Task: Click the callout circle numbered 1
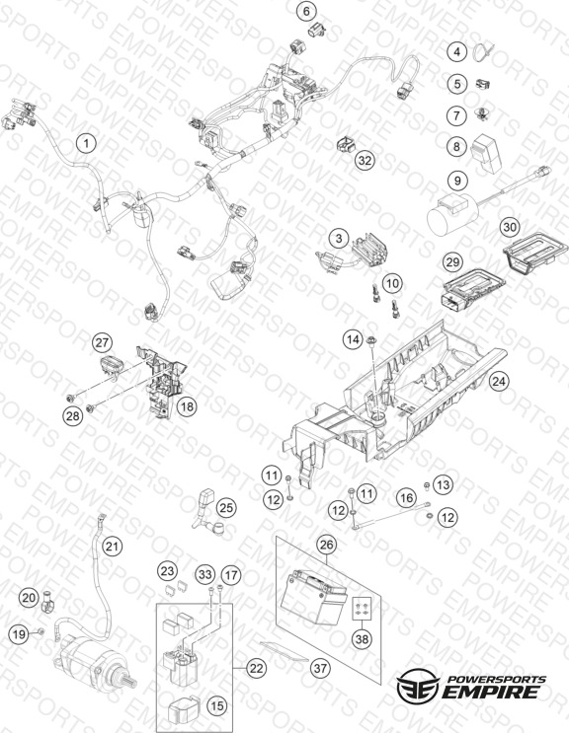click(86, 143)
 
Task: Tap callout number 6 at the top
click(306, 11)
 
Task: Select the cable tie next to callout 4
click(481, 50)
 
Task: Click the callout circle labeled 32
click(365, 160)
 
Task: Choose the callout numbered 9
click(457, 180)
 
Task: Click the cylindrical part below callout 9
click(452, 214)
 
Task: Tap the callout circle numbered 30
click(510, 227)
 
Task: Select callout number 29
click(452, 261)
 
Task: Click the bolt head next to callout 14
click(373, 339)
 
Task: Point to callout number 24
click(499, 382)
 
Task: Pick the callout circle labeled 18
click(187, 406)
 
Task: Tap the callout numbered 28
click(72, 415)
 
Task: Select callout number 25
click(226, 508)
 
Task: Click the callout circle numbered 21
click(112, 546)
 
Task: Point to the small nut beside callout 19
click(41, 631)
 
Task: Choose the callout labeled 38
click(363, 638)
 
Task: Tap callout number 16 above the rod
click(406, 497)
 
